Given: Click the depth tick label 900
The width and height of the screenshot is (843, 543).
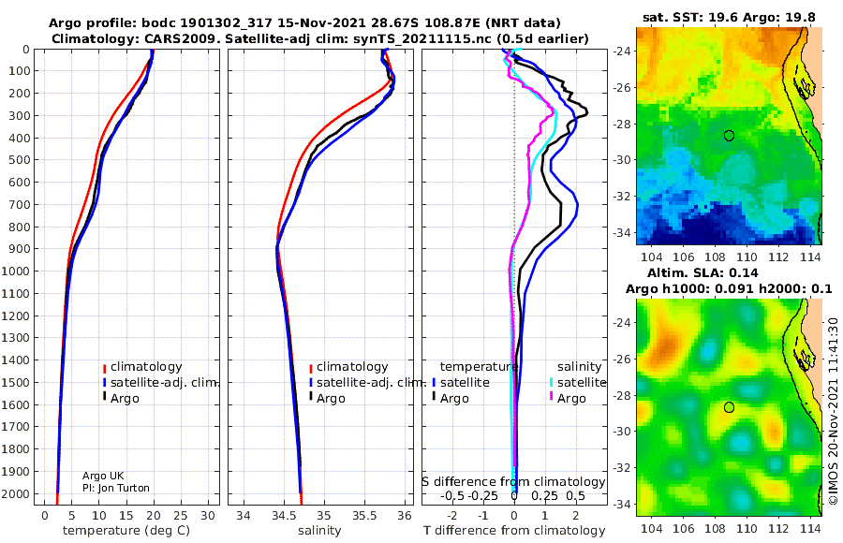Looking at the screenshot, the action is pyautogui.click(x=20, y=249).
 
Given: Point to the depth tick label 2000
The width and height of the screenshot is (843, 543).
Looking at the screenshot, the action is pyautogui.click(x=17, y=494).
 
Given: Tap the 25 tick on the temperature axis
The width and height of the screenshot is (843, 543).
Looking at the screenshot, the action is pyautogui.click(x=181, y=516).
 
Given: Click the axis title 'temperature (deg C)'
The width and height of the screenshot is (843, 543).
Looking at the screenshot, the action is pyautogui.click(x=126, y=531).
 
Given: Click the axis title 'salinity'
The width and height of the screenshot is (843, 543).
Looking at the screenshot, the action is pyautogui.click(x=319, y=531).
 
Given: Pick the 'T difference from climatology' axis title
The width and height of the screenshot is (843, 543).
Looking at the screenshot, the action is pyautogui.click(x=514, y=531).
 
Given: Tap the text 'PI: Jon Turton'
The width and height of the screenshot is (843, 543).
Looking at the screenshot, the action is pyautogui.click(x=116, y=488).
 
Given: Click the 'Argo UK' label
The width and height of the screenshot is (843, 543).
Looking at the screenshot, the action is pyautogui.click(x=103, y=476).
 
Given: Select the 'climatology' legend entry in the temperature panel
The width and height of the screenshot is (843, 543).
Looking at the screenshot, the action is pyautogui.click(x=142, y=367).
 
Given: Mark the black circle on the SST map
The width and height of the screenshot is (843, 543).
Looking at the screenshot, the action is pyautogui.click(x=729, y=136).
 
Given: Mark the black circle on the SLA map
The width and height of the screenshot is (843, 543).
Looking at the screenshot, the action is pyautogui.click(x=729, y=407).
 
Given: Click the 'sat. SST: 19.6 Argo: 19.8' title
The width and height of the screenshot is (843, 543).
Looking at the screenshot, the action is pyautogui.click(x=729, y=18).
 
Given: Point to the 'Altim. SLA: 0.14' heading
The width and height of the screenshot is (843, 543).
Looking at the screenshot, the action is pyautogui.click(x=702, y=273).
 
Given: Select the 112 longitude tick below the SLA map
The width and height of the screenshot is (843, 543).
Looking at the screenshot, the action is pyautogui.click(x=778, y=528).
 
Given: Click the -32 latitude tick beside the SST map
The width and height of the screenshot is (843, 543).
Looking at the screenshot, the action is pyautogui.click(x=622, y=197).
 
